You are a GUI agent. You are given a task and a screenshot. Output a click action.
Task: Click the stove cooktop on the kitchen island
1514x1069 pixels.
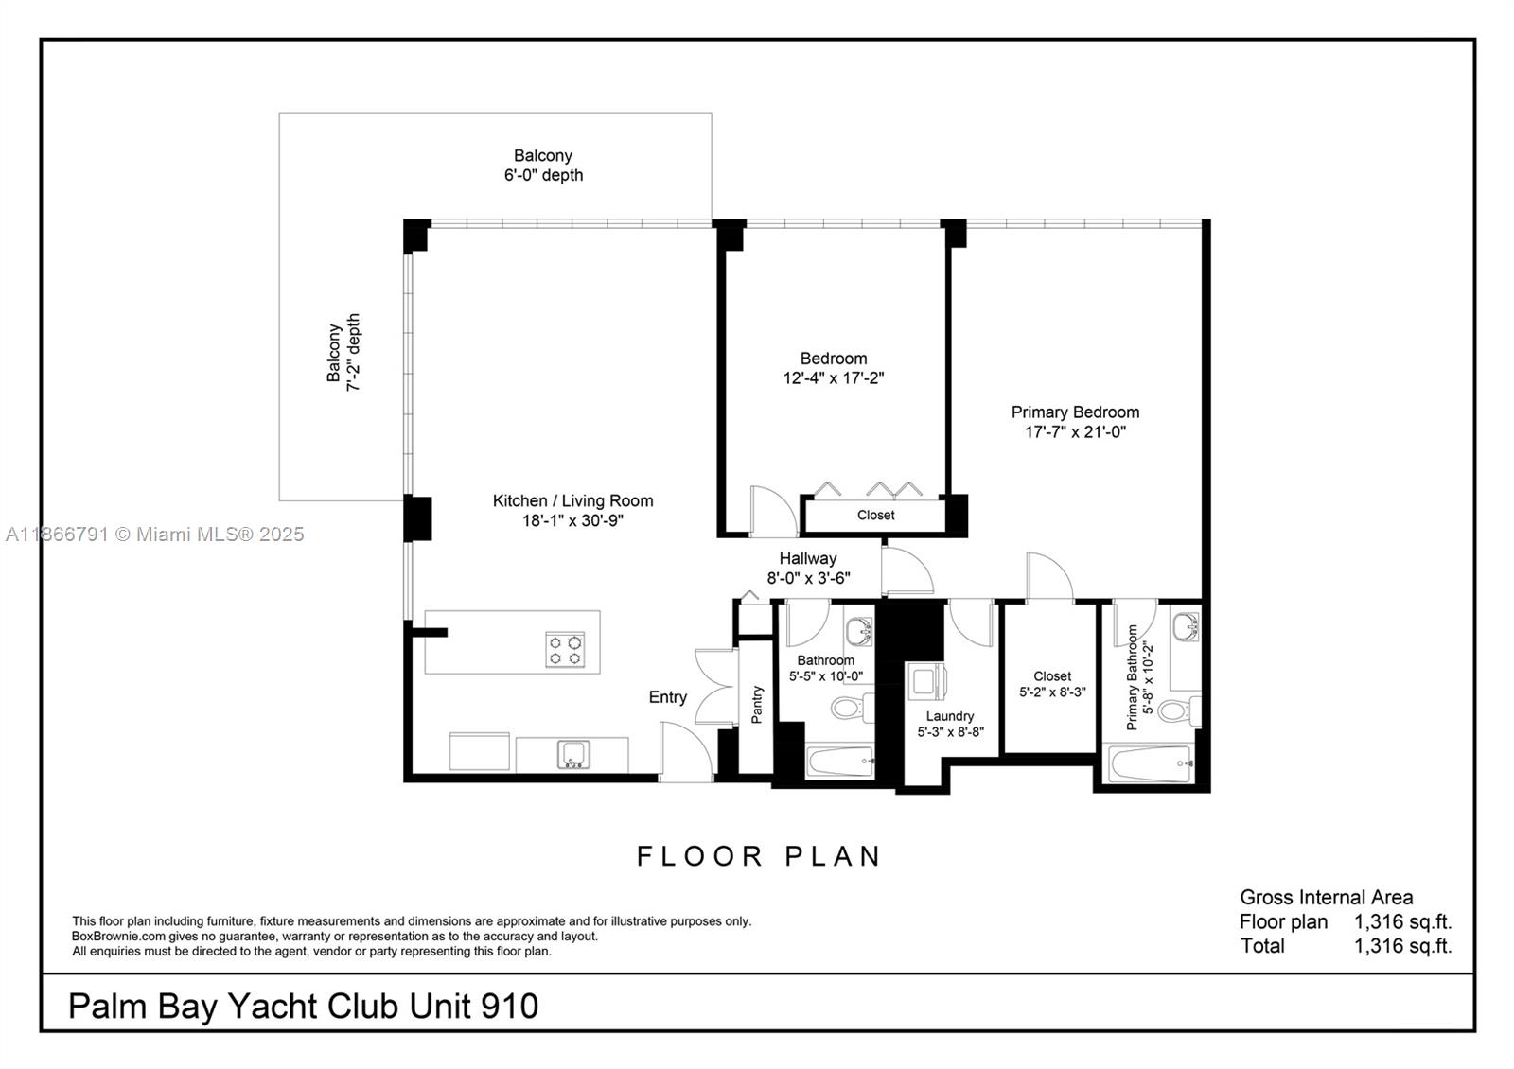[564, 650]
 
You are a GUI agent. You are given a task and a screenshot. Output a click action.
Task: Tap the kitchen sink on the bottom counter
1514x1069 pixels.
[572, 755]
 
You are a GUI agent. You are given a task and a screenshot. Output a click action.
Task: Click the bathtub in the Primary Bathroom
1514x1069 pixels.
[1151, 763]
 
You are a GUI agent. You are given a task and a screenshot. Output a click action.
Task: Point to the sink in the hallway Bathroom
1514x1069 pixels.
[859, 630]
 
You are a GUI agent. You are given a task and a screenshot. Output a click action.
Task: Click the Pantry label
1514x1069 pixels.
[756, 706]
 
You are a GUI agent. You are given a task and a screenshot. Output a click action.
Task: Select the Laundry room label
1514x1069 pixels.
[949, 716]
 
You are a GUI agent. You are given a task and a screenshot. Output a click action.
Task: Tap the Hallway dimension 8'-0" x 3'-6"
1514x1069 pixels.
[808, 578]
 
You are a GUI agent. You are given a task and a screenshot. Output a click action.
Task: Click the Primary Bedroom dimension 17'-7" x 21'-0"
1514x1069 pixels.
[1075, 432]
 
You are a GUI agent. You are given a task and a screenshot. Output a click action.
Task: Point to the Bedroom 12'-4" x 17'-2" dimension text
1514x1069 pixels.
[833, 378]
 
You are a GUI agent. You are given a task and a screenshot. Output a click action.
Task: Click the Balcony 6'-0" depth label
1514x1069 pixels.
[543, 166]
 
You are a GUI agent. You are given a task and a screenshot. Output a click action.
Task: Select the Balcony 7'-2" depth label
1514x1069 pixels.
[343, 353]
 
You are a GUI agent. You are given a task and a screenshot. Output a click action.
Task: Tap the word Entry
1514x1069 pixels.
[667, 697]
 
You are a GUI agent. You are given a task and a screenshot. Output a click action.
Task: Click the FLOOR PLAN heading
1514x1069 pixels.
[759, 856]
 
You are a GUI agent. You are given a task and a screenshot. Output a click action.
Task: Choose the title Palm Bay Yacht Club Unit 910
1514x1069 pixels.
[303, 1005]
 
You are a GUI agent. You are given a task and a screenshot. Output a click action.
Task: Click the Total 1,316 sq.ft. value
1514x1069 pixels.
[1402, 946]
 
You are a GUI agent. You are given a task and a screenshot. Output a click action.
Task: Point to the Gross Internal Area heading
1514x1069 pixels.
[1326, 897]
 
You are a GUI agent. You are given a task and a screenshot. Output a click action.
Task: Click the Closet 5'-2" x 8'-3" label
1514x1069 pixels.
[1052, 684]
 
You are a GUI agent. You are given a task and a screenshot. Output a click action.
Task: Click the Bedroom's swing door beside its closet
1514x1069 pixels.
[771, 512]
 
